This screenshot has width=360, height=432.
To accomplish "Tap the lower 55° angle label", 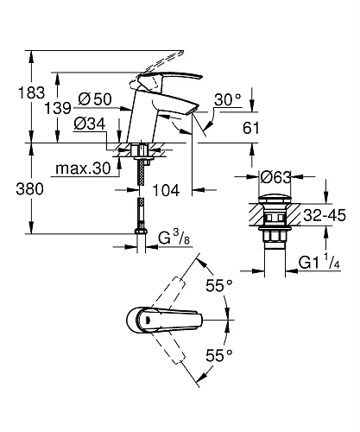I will click(x=219, y=355).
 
